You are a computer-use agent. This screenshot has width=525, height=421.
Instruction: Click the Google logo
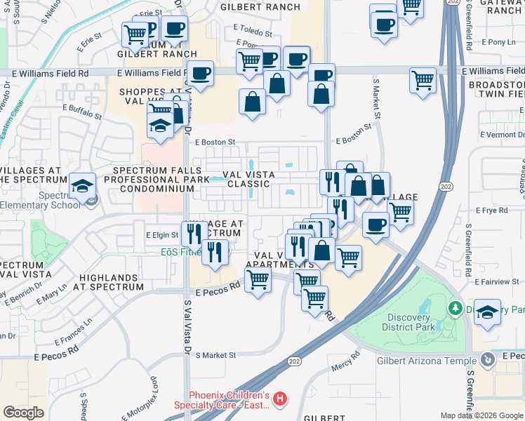coord(23,413)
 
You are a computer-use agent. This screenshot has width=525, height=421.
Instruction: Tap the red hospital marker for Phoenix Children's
coord(280,400)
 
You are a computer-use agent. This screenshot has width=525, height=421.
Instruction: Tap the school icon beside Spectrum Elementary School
coord(83,187)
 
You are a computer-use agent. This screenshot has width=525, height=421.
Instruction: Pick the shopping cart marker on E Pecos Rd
coord(258,280)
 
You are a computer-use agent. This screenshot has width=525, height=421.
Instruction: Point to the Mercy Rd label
coord(346,368)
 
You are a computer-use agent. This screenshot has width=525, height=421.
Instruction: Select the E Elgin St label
coord(161,235)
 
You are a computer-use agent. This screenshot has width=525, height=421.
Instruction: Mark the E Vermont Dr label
coord(503,134)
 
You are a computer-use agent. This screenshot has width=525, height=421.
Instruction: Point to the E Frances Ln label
coord(74,333)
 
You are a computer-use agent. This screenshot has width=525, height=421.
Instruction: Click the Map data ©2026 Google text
coord(481,415)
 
